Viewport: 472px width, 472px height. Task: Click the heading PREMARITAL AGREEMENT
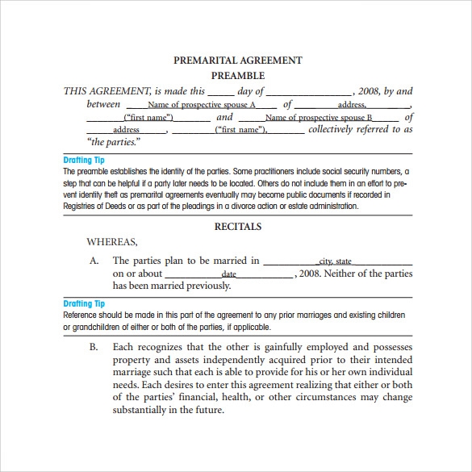pos(238,60)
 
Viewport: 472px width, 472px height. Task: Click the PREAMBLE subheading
pos(237,76)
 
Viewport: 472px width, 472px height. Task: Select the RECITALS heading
pos(238,227)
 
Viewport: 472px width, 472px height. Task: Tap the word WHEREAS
pos(112,241)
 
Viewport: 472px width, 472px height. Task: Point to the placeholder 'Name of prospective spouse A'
pos(202,105)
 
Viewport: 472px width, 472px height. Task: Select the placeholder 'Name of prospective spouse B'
pos(319,118)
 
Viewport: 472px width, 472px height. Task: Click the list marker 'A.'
pos(94,261)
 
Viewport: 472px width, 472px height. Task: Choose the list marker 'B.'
pos(94,347)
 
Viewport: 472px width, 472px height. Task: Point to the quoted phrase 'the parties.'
pos(113,142)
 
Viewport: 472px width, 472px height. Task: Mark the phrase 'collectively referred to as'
pos(360,129)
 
